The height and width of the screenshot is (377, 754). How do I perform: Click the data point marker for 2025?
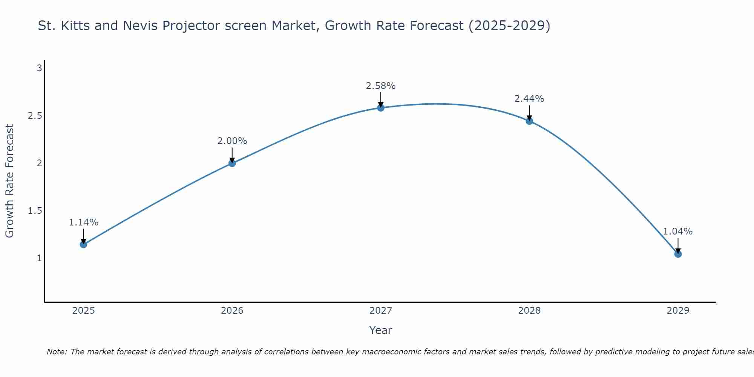tap(83, 244)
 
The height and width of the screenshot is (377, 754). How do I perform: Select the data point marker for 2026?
tap(232, 163)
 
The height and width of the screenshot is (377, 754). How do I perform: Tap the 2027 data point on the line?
tap(381, 108)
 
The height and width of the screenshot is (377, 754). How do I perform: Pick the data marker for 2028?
tap(529, 121)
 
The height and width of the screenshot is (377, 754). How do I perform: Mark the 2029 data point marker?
tap(678, 254)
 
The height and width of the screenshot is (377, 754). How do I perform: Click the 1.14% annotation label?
tap(83, 222)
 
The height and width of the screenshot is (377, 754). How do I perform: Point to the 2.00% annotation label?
tap(232, 141)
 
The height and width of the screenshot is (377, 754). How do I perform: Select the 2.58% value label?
tap(381, 86)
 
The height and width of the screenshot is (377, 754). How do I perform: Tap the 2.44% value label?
tap(529, 99)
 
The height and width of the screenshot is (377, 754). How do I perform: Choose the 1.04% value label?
tap(678, 231)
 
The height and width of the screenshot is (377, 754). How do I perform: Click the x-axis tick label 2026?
tap(232, 311)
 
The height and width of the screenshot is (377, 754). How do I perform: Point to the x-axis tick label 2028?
tap(529, 311)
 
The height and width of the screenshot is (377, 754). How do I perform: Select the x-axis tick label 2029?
tap(678, 311)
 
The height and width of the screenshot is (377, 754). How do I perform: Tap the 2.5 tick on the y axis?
tap(35, 116)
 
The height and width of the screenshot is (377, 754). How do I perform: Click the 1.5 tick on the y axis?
tap(35, 211)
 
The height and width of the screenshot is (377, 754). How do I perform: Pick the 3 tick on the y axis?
tap(39, 68)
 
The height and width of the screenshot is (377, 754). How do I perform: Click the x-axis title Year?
tap(381, 330)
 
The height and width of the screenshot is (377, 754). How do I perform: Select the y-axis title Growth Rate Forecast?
tap(10, 181)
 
